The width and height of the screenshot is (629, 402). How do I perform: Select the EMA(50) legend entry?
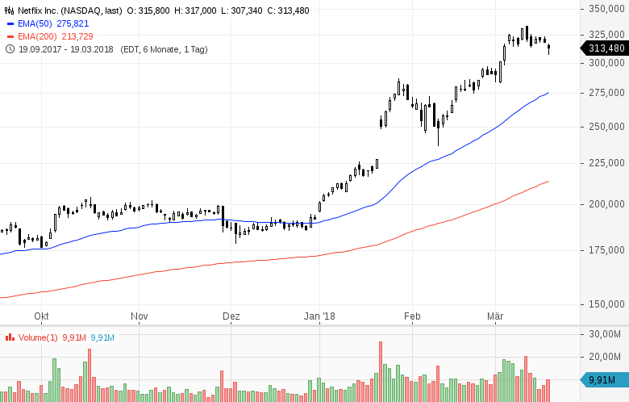(35, 23)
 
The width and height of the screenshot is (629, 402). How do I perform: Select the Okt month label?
(42, 316)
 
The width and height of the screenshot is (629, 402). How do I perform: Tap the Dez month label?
(231, 316)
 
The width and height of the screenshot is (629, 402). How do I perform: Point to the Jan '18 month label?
(319, 316)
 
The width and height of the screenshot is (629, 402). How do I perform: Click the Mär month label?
(494, 316)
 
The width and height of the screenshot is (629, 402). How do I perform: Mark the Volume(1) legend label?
(37, 337)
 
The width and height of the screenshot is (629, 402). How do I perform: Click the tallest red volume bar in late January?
(380, 371)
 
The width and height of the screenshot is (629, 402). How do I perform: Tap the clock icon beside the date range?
(10, 49)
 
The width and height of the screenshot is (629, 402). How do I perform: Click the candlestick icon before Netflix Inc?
(10, 10)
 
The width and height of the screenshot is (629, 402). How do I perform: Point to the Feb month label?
(413, 316)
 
